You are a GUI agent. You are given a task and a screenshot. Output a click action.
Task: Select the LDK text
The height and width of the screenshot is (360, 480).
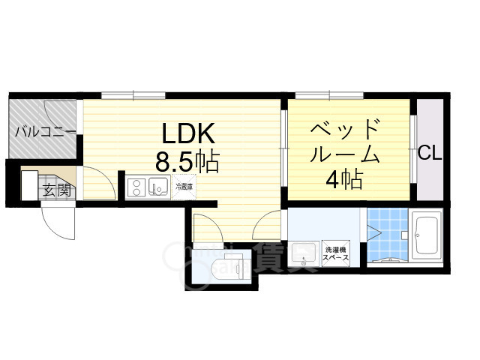[x=190, y=134]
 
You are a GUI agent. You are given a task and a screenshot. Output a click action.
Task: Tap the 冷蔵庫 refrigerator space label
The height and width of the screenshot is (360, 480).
[x=184, y=185]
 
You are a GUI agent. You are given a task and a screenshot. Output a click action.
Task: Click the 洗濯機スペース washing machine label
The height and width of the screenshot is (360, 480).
[x=336, y=253]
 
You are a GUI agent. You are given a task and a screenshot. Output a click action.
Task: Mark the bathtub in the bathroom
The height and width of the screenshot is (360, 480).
[x=425, y=237]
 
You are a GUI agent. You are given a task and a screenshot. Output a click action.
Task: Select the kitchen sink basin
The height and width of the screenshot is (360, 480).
[x=158, y=186]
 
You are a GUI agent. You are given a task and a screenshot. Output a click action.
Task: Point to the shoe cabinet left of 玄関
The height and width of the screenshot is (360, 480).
[x=28, y=185]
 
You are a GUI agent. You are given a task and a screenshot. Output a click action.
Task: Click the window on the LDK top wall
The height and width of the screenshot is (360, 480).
[x=135, y=95]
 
